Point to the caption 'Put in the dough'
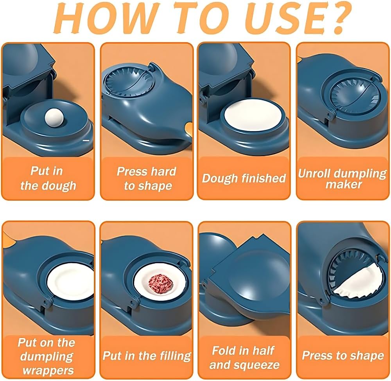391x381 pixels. click(x=48, y=178)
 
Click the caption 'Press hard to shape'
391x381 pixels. click(x=147, y=178)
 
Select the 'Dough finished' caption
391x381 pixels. click(x=244, y=178)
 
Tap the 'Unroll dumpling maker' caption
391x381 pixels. click(x=342, y=178)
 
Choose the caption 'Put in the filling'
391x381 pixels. click(x=147, y=356)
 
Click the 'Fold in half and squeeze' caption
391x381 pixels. click(x=244, y=357)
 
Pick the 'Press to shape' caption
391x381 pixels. click(x=343, y=356)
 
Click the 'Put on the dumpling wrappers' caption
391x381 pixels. click(x=46, y=356)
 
